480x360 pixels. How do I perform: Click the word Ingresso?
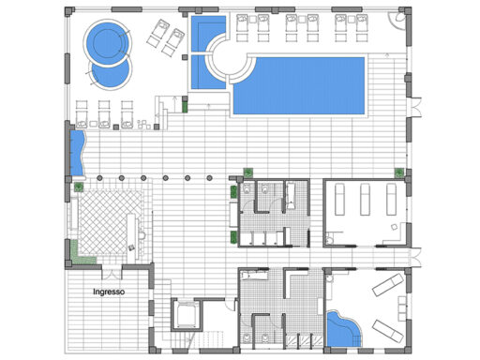click(109, 292)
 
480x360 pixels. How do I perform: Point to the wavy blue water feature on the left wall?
click(77, 153)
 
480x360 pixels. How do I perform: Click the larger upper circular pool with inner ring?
click(107, 43)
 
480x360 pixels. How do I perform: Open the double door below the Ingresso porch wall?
click(112, 274)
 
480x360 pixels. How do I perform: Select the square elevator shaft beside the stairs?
click(186, 315)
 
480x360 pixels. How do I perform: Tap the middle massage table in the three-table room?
click(365, 200)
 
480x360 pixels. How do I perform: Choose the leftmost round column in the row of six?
click(99, 178)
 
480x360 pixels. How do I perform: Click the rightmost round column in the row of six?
click(209, 178)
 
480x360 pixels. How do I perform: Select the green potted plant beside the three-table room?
click(399, 172)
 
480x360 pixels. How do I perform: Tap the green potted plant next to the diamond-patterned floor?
click(79, 187)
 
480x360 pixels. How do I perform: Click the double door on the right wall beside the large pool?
click(415, 108)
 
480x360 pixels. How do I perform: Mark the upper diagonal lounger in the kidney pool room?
click(388, 285)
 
